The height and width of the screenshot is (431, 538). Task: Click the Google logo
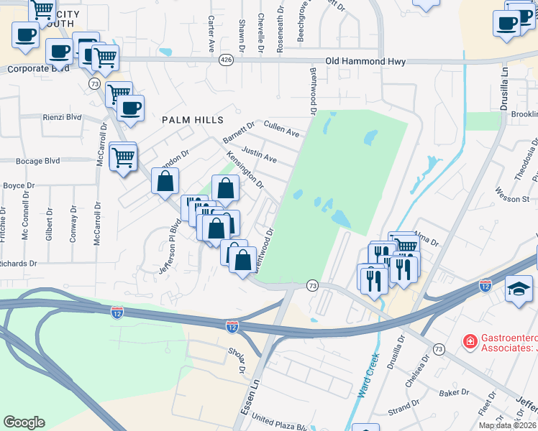[x=24, y=422]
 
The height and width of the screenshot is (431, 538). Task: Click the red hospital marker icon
[x=470, y=340]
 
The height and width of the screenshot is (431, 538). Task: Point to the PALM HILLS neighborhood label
[x=192, y=119]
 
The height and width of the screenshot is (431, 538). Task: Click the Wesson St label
[x=512, y=194]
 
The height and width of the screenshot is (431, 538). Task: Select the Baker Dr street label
[x=454, y=393]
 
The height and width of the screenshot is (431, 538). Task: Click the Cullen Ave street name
[x=281, y=129]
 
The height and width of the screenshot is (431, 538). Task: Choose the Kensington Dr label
[x=245, y=169]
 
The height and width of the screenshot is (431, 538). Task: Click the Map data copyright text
[x=508, y=425]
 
